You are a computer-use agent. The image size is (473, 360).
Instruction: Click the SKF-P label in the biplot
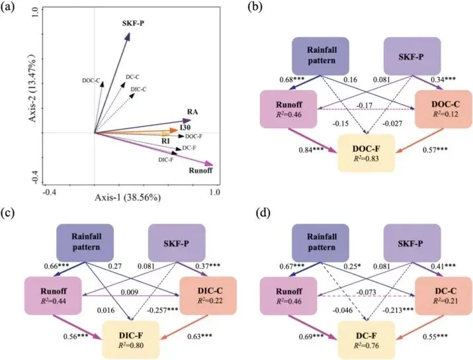(134, 24)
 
